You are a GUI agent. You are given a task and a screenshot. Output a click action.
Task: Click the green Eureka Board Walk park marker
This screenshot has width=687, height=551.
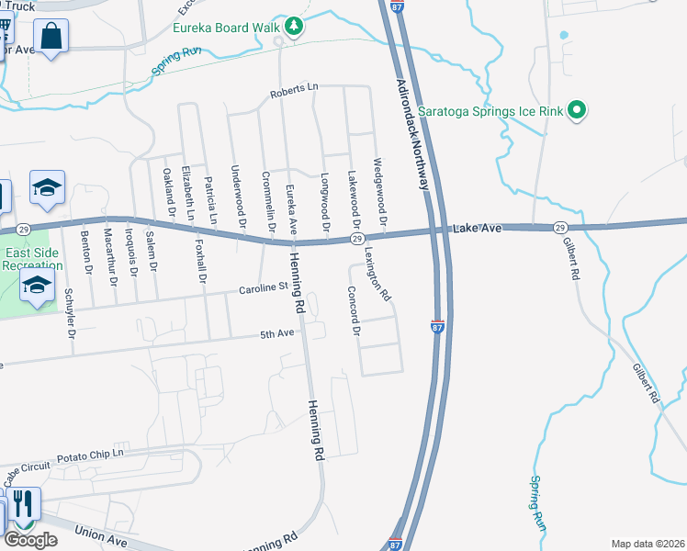(294, 27)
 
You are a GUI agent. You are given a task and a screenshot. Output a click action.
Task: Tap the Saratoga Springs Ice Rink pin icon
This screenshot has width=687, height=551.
(577, 111)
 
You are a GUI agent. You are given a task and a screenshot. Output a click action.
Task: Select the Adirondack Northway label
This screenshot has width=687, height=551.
(413, 134)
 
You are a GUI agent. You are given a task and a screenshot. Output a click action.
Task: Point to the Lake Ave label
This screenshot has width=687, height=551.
(475, 228)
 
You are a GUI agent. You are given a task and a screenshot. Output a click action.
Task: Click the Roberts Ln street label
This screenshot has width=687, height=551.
(293, 91)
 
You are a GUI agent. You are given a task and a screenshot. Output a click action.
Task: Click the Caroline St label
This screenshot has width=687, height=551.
(265, 288)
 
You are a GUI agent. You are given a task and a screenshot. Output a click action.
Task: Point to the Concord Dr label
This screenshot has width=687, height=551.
(353, 310)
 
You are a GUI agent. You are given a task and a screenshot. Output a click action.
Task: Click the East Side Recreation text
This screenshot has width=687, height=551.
(33, 259)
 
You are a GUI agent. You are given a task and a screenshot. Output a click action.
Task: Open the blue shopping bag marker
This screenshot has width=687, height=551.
(51, 39)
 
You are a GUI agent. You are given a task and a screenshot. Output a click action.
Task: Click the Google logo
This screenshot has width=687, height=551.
(31, 539)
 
